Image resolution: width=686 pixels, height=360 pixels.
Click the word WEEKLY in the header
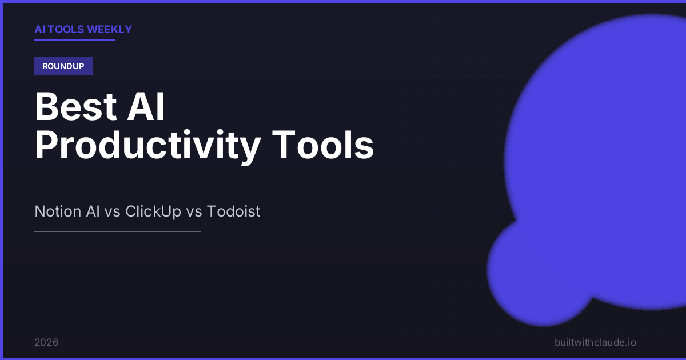(109, 29)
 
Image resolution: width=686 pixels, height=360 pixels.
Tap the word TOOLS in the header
(66, 29)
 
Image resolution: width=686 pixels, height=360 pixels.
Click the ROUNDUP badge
(63, 66)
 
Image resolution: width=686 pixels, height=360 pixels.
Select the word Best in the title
(75, 106)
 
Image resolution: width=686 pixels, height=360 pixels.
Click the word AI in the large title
(146, 106)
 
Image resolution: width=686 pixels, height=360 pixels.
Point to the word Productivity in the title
(148, 145)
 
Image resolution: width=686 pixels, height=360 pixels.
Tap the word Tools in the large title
(323, 145)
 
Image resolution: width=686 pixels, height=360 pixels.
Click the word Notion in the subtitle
(58, 211)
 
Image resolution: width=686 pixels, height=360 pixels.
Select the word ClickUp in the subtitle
(153, 211)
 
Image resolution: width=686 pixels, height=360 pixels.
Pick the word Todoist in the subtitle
(233, 211)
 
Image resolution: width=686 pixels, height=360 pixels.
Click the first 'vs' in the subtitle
(112, 213)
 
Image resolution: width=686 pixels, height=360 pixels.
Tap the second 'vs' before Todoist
(194, 213)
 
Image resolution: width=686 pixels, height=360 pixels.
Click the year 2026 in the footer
(46, 342)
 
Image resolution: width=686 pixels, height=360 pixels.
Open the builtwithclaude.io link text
(595, 342)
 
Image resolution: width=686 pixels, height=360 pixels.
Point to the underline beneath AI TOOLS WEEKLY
(74, 39)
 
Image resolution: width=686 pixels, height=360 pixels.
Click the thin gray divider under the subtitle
(117, 231)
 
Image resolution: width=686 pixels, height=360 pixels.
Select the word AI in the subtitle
(93, 211)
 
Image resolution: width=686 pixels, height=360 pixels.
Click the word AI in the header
(40, 29)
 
